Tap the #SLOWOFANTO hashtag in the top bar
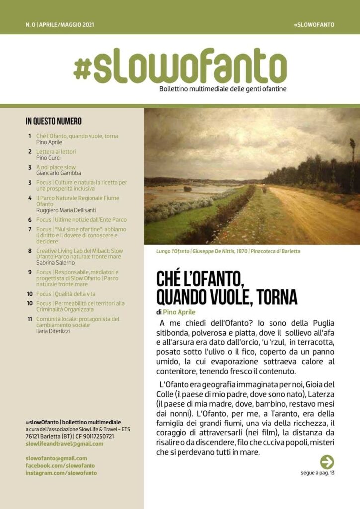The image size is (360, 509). tap(314, 24)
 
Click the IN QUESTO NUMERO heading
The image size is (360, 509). tap(53, 121)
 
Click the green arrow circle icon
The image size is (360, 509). tap(327, 462)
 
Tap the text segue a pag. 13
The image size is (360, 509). tap(318, 473)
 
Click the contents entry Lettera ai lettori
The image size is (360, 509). tap(56, 151)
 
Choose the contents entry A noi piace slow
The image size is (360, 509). tap(56, 167)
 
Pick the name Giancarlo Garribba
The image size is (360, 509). tap(59, 173)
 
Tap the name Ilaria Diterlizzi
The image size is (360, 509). tap(53, 331)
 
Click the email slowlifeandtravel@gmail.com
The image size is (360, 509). tap(65, 444)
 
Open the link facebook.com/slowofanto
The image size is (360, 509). tap(60, 466)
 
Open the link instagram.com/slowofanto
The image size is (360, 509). tap(61, 473)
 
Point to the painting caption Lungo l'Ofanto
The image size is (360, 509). tap(175, 251)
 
